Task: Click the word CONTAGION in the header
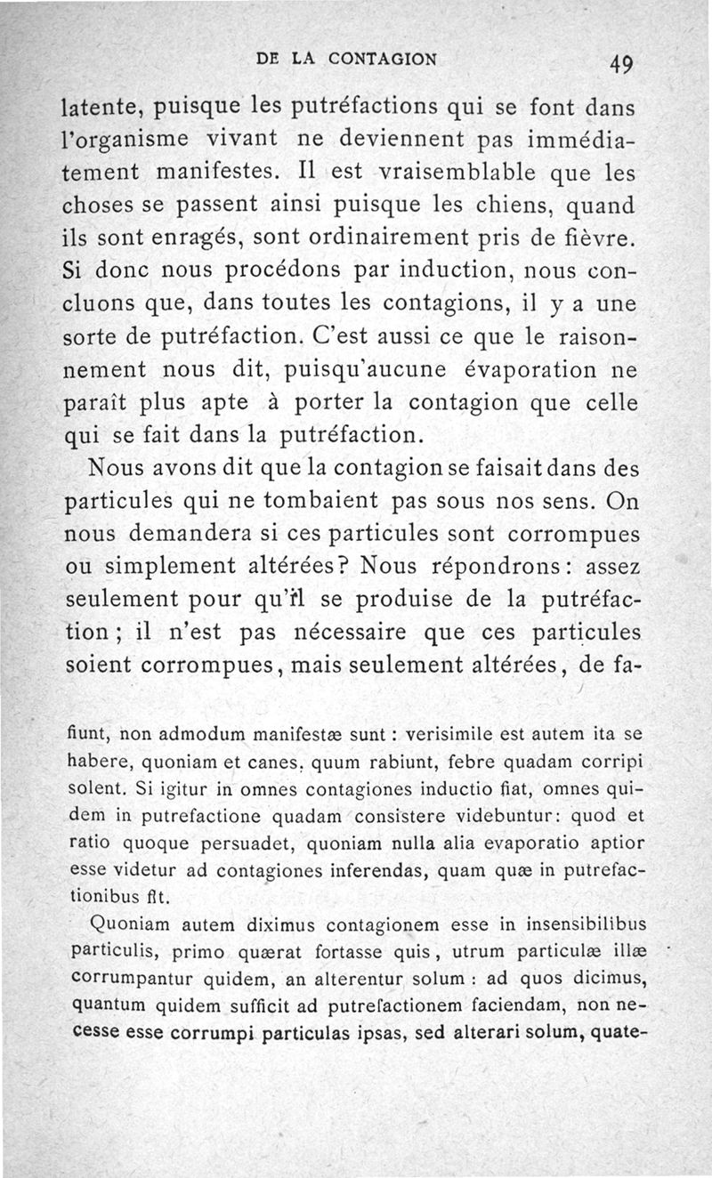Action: pyautogui.click(x=382, y=60)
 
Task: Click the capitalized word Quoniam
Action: pyautogui.click(x=125, y=923)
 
